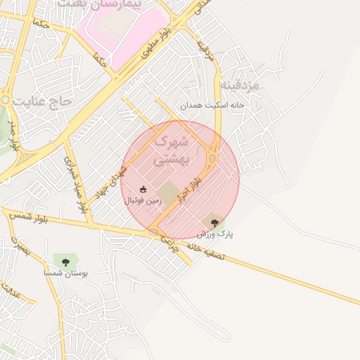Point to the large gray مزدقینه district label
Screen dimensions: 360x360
pyautogui.click(x=241, y=85)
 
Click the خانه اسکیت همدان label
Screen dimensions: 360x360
pyautogui.click(x=210, y=105)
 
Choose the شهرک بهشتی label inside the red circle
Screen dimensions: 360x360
pyautogui.click(x=170, y=150)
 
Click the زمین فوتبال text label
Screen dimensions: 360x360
pyautogui.click(x=143, y=201)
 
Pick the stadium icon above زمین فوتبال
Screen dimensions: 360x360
pyautogui.click(x=143, y=189)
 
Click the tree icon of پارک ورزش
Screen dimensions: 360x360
pyautogui.click(x=214, y=223)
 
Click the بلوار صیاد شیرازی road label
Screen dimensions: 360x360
pyautogui.click(x=75, y=179)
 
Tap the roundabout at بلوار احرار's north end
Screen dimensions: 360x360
pyautogui.click(x=212, y=158)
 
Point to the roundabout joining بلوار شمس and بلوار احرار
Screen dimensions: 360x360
pyautogui.click(x=153, y=232)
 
